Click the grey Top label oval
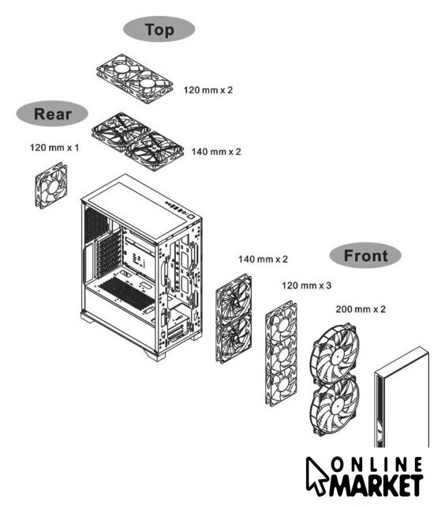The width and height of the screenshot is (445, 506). (x=159, y=29)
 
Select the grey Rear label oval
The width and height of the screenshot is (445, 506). (x=52, y=114)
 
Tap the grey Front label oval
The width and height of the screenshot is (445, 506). (x=365, y=255)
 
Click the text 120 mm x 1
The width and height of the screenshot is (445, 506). (x=54, y=148)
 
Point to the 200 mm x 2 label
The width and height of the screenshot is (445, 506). (x=361, y=309)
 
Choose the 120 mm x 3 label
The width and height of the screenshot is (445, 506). (x=307, y=285)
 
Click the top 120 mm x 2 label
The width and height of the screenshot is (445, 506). (x=208, y=90)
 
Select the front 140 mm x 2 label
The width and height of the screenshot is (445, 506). (x=263, y=259)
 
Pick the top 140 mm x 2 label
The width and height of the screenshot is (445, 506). (x=216, y=152)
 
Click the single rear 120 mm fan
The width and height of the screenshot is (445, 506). (x=51, y=186)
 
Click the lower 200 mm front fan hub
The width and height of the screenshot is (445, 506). (x=337, y=408)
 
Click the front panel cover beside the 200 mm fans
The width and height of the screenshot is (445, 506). (x=402, y=398)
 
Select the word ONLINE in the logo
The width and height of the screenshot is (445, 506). (x=376, y=465)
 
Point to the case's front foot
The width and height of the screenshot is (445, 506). (x=155, y=355)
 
